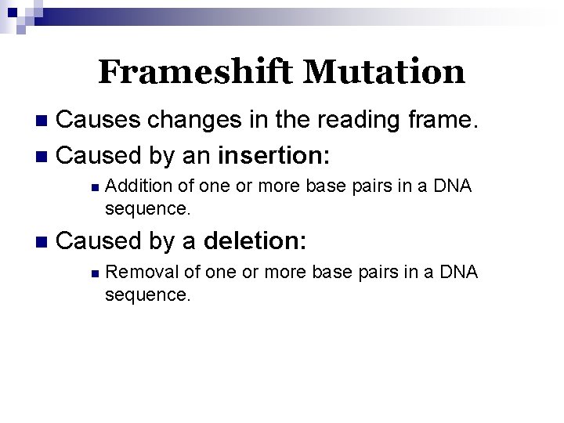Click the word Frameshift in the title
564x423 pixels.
[197, 73]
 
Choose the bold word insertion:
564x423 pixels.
[274, 155]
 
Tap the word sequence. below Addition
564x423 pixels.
[147, 209]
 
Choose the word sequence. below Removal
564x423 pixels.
[147, 295]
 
